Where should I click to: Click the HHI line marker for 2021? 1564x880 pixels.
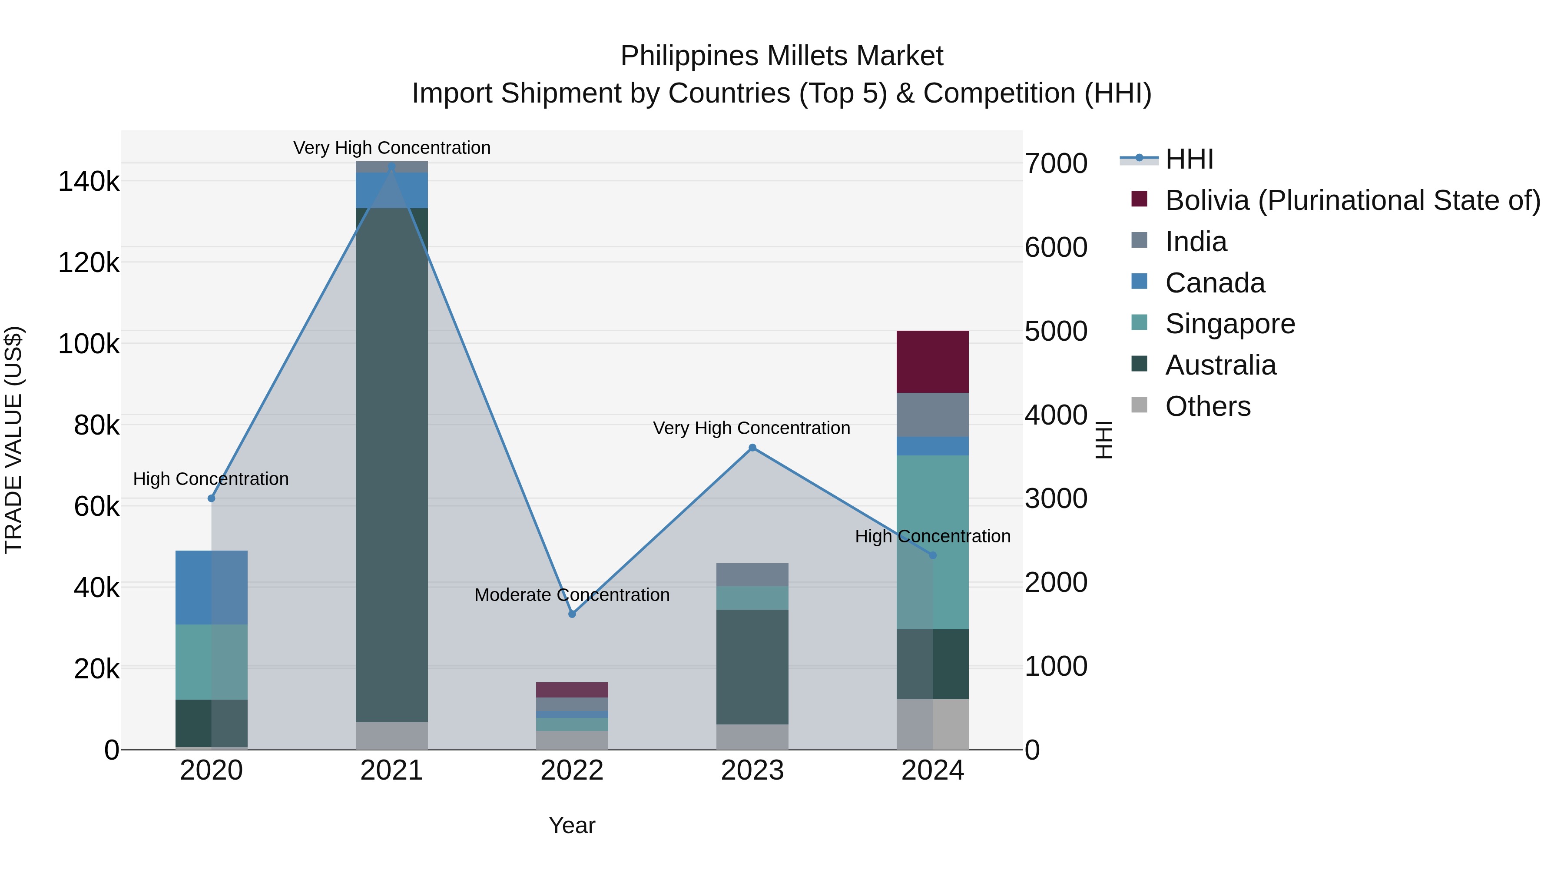coord(391,167)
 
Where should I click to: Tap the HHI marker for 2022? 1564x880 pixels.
coord(572,614)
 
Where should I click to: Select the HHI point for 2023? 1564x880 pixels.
coord(752,448)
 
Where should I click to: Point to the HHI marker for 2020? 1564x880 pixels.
coord(211,498)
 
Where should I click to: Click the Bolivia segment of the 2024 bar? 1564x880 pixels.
coord(933,362)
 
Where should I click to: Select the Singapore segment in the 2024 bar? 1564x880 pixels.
coord(933,542)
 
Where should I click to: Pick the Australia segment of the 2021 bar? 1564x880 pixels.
coord(391,465)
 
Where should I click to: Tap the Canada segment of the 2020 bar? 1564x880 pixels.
coord(211,587)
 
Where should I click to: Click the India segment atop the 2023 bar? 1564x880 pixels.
coord(752,574)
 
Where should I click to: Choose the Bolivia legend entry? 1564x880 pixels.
coord(1352,200)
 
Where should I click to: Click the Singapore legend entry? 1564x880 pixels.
coord(1229,324)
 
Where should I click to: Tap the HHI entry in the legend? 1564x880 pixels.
coord(1189,159)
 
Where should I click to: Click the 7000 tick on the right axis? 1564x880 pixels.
coord(1056,164)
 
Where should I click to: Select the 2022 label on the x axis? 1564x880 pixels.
coord(572,770)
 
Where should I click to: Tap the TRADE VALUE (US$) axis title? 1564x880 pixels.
coord(14,440)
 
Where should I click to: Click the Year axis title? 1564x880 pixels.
coord(572,825)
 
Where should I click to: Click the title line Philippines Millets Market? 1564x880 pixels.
coord(782,56)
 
